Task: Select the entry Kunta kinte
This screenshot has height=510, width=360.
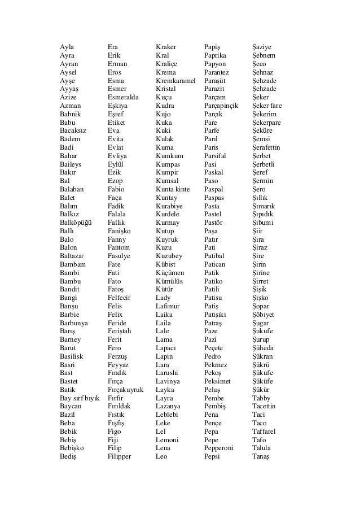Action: pos(173,189)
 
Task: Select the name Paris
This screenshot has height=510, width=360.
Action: pos(211,147)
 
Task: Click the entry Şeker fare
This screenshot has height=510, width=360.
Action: pos(267,106)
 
